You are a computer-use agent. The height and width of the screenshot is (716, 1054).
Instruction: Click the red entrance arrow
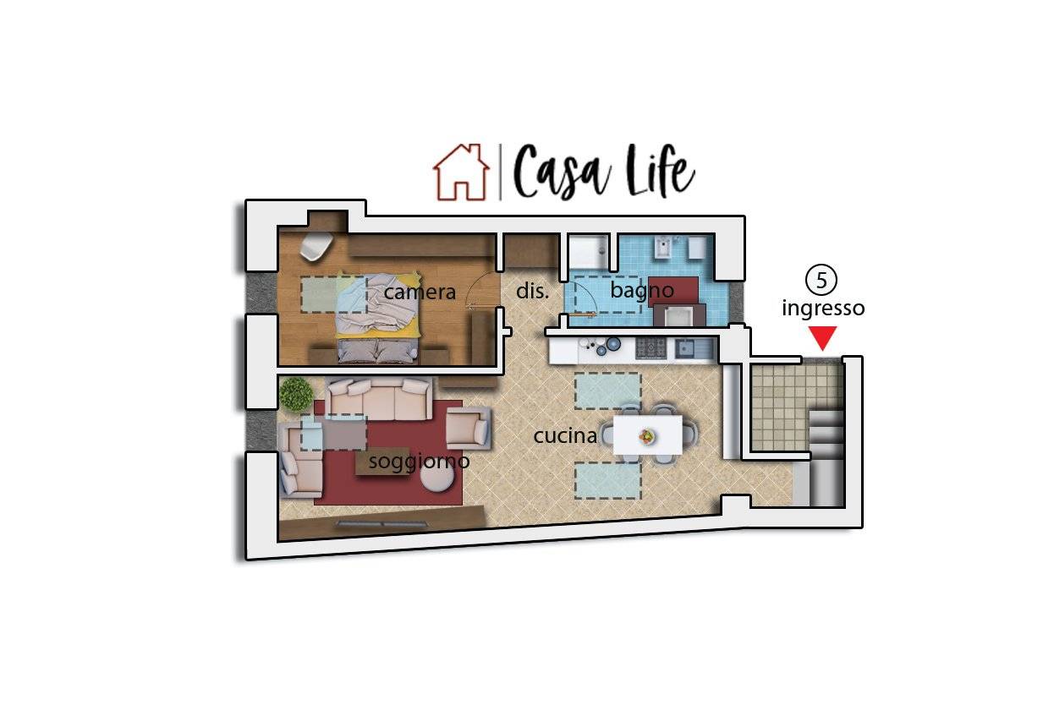pos(822,338)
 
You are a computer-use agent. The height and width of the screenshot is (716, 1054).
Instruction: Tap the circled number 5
pos(821,280)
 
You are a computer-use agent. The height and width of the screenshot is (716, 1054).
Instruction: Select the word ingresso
pos(823,309)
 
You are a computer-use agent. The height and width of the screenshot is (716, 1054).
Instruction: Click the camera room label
pos(420,292)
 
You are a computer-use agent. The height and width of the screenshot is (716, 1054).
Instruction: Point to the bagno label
pos(642,292)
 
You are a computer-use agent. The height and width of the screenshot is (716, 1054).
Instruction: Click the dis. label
pos(532,291)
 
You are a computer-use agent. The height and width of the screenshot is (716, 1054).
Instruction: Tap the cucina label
pos(565,436)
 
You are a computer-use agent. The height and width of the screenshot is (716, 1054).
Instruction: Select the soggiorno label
pos(419,462)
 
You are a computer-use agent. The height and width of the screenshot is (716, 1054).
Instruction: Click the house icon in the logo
pos(461,172)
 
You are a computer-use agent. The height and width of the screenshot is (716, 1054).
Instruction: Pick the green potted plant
pos(296,394)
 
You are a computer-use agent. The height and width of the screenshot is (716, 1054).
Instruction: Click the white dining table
pos(647,435)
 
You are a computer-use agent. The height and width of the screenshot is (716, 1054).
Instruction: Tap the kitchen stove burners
pos(651,348)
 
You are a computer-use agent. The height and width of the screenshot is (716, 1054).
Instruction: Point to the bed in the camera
pos(377,319)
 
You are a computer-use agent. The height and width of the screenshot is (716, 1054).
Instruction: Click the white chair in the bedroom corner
pos(316,246)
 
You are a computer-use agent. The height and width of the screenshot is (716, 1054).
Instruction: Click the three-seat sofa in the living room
pos(379,399)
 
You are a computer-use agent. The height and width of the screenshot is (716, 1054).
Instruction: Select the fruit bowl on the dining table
pos(647,436)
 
